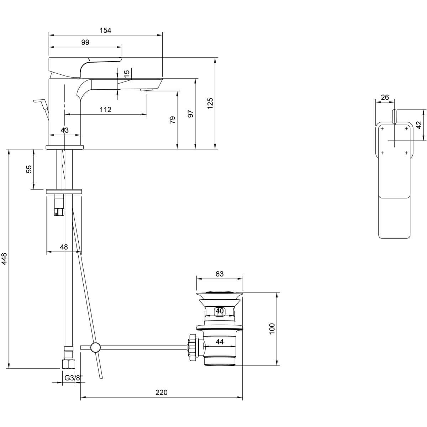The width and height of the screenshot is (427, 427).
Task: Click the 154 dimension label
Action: pos(105,31)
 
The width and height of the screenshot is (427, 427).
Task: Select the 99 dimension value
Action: pos(85,42)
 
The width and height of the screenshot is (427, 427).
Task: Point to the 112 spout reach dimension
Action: pos(105,110)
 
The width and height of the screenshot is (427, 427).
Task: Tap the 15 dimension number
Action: pos(127,74)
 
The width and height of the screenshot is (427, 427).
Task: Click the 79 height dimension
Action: pos(172,120)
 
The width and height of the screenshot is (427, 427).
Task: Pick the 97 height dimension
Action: pos(190,114)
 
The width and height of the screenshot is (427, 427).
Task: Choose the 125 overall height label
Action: pos(210,103)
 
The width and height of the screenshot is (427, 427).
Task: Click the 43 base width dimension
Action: pos(64,131)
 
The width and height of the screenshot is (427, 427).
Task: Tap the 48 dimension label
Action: pos(64,247)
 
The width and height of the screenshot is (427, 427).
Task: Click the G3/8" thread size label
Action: pos(73,378)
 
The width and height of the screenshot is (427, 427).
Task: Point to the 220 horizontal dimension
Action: pos(161,392)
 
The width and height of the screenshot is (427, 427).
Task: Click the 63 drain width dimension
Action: pos(220,274)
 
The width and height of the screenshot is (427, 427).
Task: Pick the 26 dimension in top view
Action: pos(385,97)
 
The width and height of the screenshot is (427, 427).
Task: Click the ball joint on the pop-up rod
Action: pos(95,347)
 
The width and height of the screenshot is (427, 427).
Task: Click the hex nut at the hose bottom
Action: pos(69,364)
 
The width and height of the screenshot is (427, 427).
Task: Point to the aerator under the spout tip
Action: pos(148,90)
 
